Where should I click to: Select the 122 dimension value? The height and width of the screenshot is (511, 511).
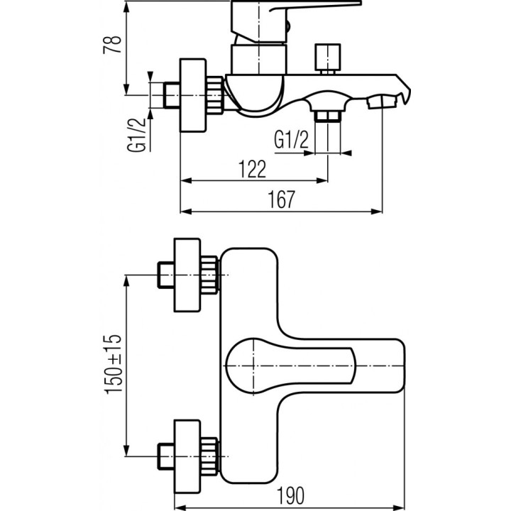click(252, 169)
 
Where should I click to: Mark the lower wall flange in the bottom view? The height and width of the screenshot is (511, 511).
click(189, 452)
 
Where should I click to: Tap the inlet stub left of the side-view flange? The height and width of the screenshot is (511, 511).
click(172, 94)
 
